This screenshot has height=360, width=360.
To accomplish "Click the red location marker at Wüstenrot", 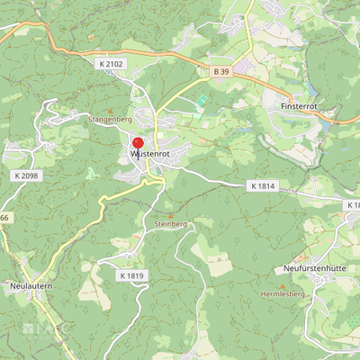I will (138, 144).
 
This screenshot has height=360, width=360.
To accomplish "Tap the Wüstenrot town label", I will (150, 155).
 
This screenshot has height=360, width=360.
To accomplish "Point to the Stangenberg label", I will (111, 118).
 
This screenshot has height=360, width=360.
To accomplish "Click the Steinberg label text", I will (170, 223).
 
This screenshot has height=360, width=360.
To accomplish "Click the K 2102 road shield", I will (110, 64).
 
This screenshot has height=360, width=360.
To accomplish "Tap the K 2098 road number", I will (28, 175).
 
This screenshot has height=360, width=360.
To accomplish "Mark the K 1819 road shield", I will (131, 275).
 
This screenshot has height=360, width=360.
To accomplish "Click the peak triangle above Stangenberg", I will (111, 110).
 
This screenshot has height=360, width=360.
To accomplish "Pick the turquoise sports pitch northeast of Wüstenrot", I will (202, 100).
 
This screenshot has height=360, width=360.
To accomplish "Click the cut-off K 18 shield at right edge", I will (353, 205).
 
